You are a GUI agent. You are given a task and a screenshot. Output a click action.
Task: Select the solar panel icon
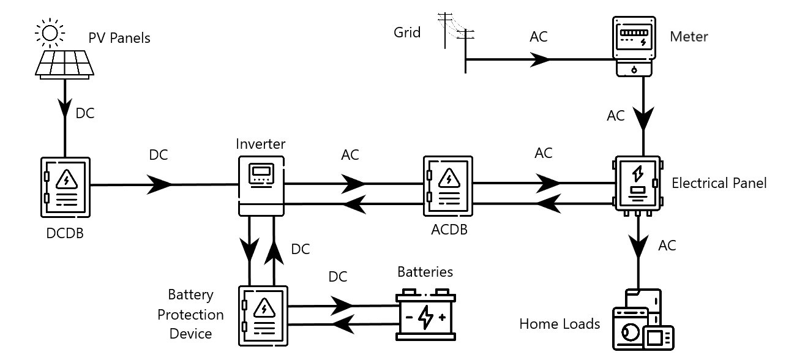(x=64, y=64)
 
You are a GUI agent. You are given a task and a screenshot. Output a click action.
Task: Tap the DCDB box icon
(x=65, y=186)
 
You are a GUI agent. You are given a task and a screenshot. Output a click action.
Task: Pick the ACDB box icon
(x=448, y=186)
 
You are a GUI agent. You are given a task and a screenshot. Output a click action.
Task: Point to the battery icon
(x=425, y=315)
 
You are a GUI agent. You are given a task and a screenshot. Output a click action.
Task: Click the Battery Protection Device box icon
(x=263, y=315)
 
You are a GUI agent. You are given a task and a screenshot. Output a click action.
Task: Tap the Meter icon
(x=634, y=47)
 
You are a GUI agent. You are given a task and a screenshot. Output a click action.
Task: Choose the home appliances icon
(x=643, y=321)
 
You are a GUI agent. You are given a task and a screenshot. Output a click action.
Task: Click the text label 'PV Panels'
(x=119, y=38)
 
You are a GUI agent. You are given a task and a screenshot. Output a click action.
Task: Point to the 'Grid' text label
(x=407, y=32)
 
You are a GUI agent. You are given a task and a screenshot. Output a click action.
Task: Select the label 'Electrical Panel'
(x=719, y=183)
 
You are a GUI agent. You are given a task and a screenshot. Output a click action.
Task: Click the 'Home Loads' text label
(x=560, y=324)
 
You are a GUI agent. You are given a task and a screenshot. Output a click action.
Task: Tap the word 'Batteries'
(x=425, y=271)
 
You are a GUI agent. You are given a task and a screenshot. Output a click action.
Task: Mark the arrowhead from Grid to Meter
(x=541, y=59)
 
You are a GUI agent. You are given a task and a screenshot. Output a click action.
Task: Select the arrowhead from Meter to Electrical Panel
(x=643, y=118)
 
